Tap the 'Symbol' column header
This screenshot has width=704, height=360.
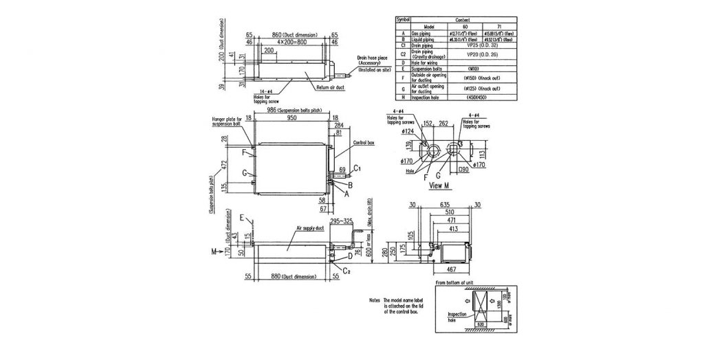tap(400, 21)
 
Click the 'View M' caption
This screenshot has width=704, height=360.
tap(439, 185)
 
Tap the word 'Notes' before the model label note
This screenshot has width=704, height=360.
tap(374, 300)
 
